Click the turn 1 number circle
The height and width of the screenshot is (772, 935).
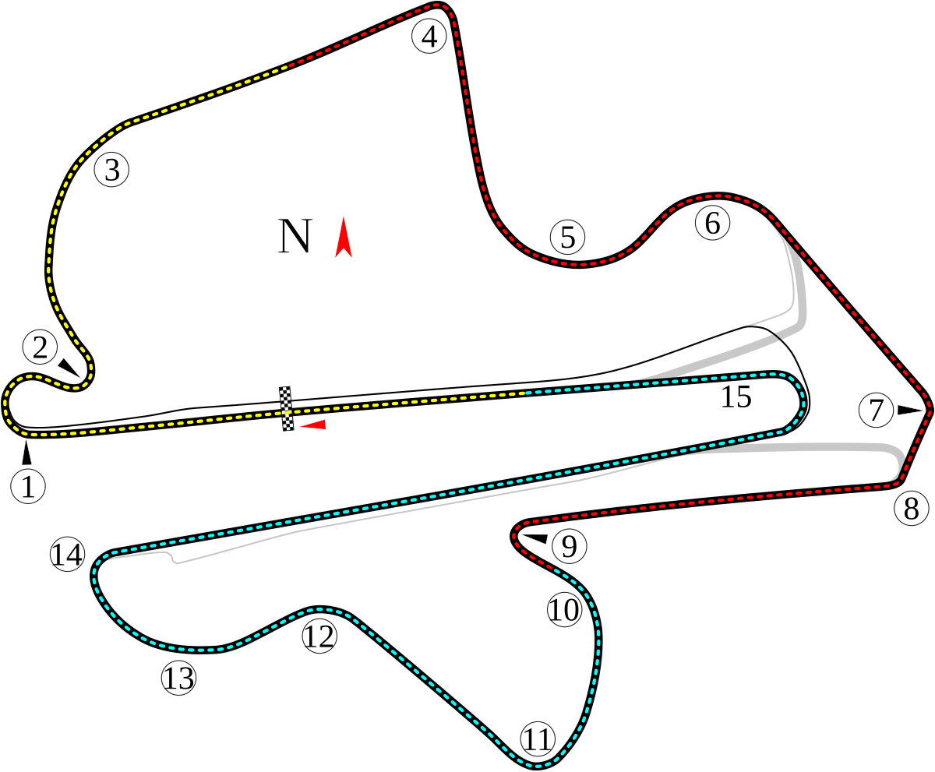coord(29,487)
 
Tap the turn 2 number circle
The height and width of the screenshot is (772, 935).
coord(41,347)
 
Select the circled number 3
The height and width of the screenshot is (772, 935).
coord(111,170)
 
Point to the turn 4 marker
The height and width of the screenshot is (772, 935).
coord(429,37)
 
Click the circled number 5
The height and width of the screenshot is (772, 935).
coord(567,238)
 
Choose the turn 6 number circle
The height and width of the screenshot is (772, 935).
coord(712,224)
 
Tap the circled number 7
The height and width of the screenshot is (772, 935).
coord(877,411)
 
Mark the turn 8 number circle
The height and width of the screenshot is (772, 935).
coord(911,509)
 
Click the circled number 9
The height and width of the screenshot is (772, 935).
coord(569,547)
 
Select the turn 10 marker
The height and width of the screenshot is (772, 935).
coord(564,610)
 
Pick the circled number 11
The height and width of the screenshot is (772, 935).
coord(537,739)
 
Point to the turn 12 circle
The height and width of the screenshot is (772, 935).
coord(319,636)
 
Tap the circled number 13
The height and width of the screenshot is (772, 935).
coord(178,679)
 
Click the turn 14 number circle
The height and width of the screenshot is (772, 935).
coord(67,555)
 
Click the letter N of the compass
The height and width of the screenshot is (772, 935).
coord(295,237)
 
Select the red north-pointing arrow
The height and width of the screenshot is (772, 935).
coord(343,238)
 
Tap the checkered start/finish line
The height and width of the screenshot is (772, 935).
coord(288,407)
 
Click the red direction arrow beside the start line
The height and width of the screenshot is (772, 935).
coord(314,425)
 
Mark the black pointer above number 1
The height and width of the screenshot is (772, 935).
coord(27,453)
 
